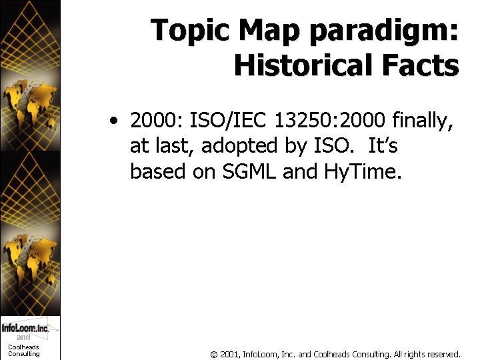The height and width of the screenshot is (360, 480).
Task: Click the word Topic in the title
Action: pos(190,31)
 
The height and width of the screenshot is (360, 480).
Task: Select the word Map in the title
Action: pos(270,31)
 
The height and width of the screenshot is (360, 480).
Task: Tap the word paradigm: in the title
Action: pos(385,31)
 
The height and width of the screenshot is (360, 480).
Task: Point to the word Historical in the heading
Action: pos(303,65)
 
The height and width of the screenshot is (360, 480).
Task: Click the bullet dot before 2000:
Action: pos(113,120)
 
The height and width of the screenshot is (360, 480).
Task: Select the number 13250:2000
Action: pos(329,119)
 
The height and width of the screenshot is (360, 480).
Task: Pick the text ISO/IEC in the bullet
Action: pos(228,120)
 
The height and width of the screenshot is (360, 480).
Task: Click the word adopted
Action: pos(239,146)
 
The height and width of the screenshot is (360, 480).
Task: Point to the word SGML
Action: pos(249,171)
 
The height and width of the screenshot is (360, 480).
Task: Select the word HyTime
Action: pos(363,172)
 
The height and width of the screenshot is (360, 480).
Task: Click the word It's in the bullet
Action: pos(383,145)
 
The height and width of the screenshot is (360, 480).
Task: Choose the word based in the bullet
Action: pos(157,171)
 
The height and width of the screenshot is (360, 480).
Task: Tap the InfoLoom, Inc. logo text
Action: pos(25,328)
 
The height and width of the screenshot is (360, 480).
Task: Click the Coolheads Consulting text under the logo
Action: pos(24,351)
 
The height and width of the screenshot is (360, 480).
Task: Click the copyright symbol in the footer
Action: pos(214,355)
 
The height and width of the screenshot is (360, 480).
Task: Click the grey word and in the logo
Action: pos(23,337)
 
